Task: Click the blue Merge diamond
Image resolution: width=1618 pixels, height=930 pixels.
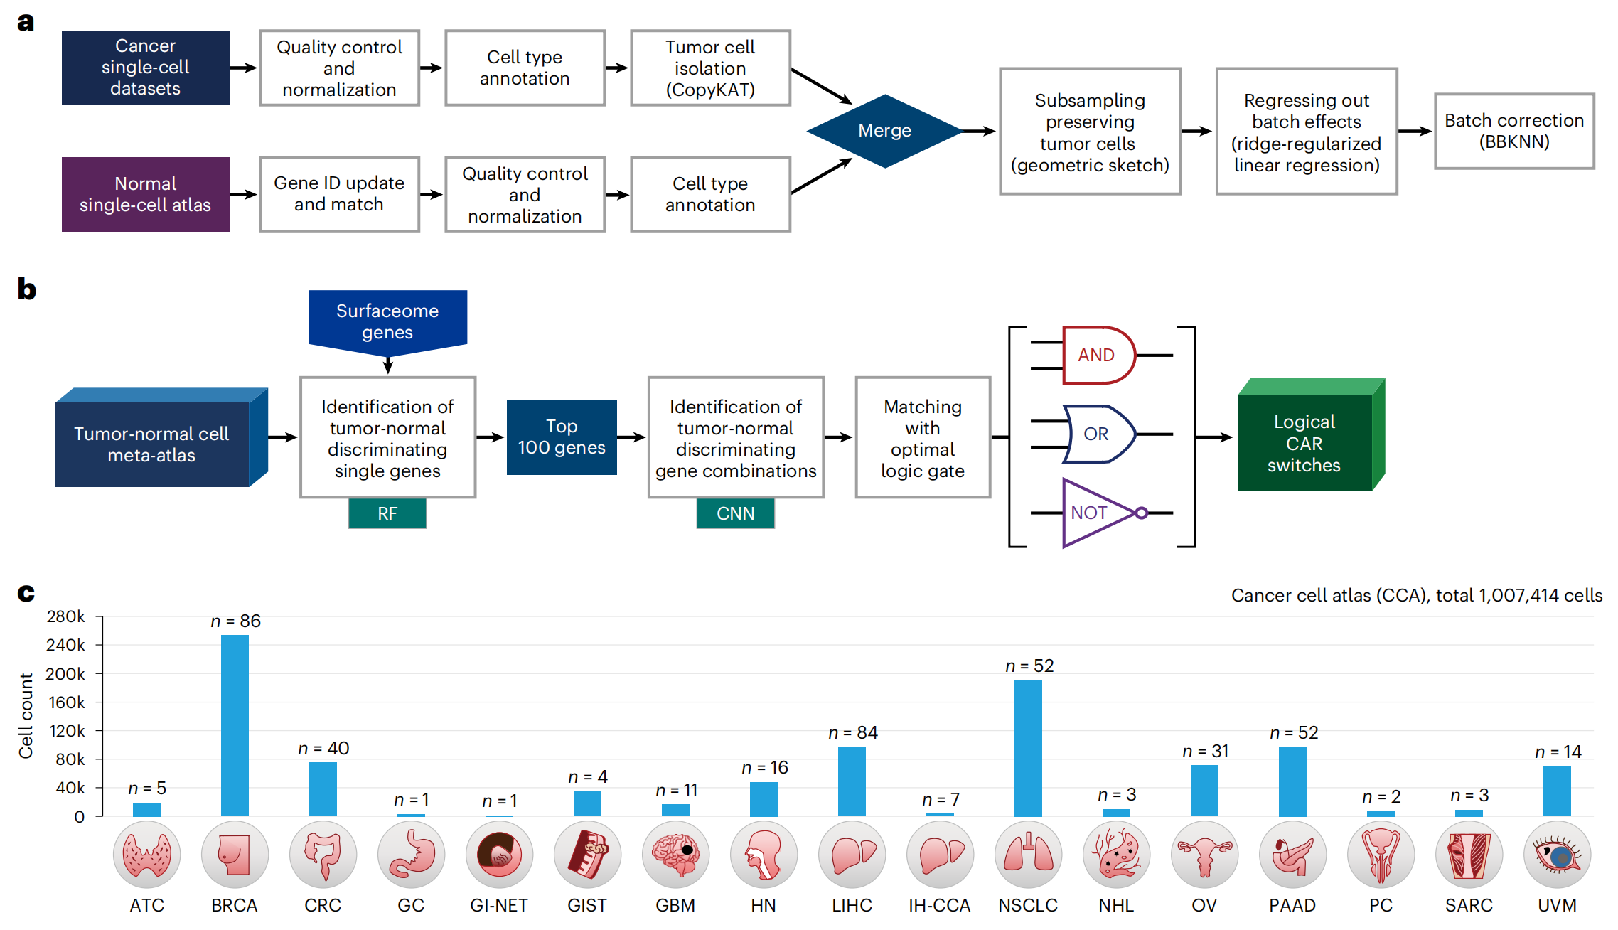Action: [884, 131]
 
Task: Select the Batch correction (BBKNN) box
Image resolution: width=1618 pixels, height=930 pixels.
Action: [1514, 131]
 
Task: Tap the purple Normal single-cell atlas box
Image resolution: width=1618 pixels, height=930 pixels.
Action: [145, 194]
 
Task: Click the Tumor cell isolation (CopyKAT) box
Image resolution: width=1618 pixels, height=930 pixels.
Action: [710, 68]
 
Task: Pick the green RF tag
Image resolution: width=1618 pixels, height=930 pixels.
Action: [387, 513]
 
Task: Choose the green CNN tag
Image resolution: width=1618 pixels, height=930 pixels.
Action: [736, 513]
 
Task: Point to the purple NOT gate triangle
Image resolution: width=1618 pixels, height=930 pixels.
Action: [1095, 513]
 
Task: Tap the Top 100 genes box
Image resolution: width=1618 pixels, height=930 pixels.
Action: [562, 437]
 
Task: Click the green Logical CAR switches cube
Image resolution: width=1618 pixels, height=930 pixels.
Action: [1305, 443]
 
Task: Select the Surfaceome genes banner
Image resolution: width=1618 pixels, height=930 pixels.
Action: [387, 321]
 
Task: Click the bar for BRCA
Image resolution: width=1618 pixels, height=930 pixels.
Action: [235, 725]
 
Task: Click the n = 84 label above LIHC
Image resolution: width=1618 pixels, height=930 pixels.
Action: [852, 732]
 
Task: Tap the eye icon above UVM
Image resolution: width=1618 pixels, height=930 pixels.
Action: [1557, 855]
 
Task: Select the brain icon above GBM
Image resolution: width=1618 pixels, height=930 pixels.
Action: [675, 855]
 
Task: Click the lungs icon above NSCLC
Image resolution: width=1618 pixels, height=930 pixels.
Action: [1028, 855]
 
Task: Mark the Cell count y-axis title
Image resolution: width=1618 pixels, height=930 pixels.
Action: [26, 715]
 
